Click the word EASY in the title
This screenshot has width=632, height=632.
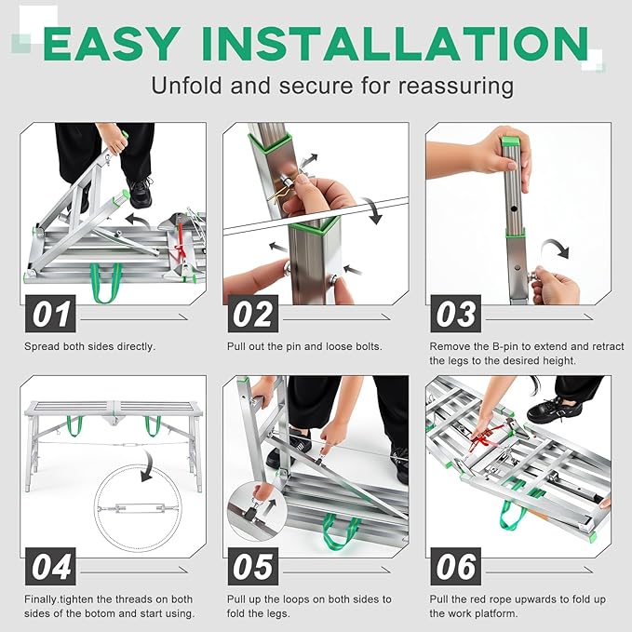(x=110, y=44)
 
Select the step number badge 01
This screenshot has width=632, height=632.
(x=52, y=314)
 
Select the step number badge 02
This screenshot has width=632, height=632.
(x=253, y=314)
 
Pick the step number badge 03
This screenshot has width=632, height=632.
(x=456, y=314)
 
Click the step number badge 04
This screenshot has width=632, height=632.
(x=52, y=567)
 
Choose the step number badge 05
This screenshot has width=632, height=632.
(x=253, y=567)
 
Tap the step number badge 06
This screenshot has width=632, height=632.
(x=456, y=567)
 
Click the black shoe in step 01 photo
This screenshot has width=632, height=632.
(x=140, y=193)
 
